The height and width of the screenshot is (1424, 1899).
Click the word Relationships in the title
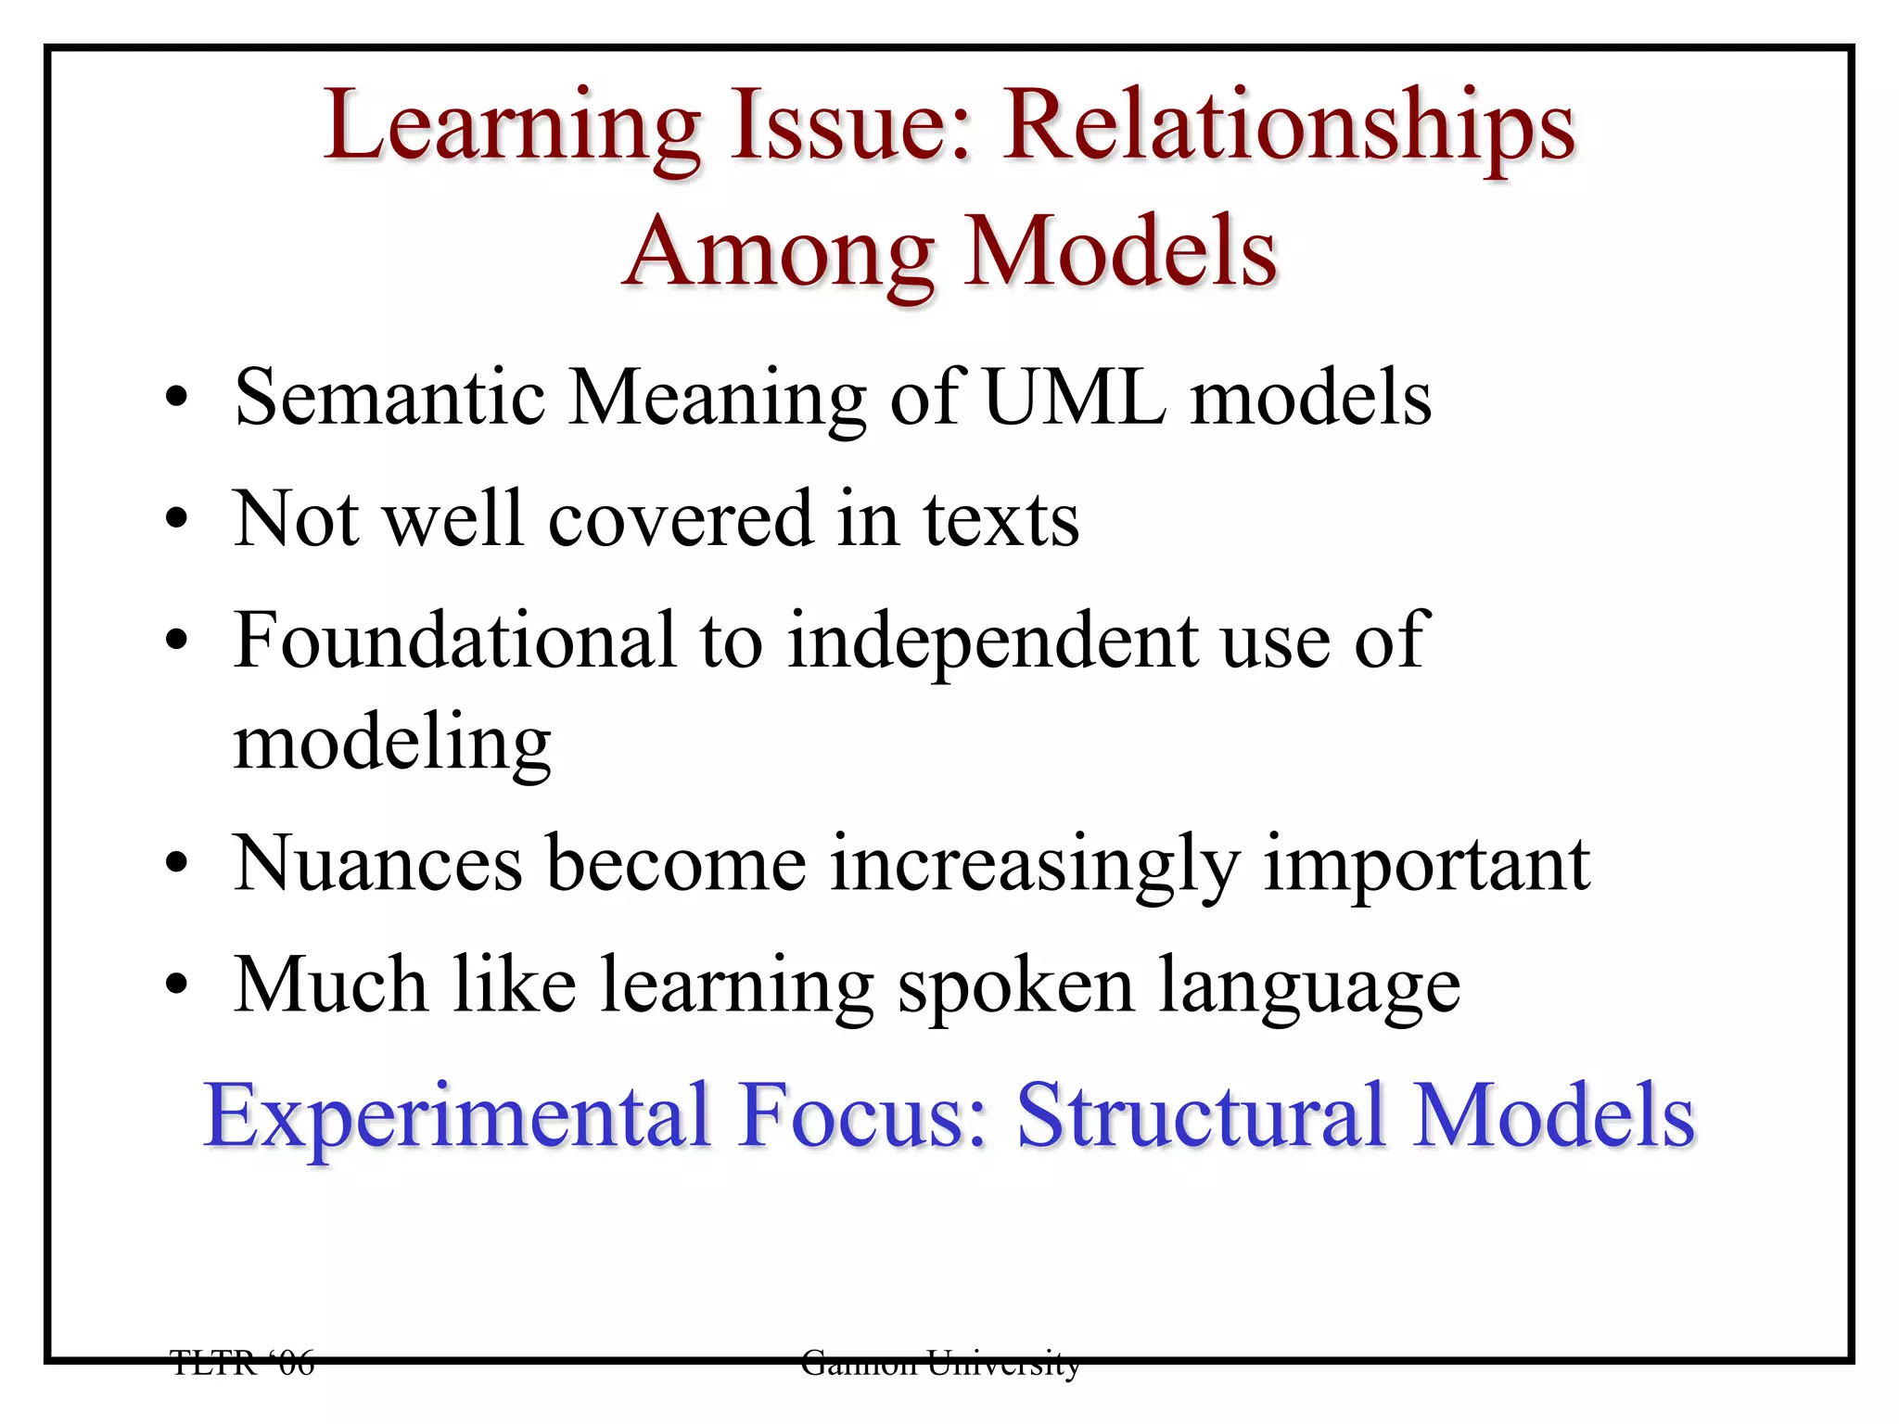click(x=1289, y=128)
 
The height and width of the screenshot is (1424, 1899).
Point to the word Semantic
click(x=389, y=398)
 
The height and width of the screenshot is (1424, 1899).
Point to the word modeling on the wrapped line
click(x=392, y=744)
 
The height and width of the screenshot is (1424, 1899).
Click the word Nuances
click(x=377, y=864)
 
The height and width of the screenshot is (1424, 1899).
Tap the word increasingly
click(x=1034, y=866)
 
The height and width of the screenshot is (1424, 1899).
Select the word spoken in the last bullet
click(x=1015, y=986)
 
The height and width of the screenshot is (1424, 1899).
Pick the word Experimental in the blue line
click(x=457, y=1116)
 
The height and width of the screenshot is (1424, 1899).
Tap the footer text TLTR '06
click(x=243, y=1363)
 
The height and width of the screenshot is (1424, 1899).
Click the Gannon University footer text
click(x=940, y=1363)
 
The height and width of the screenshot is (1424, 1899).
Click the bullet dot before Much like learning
click(x=177, y=985)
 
